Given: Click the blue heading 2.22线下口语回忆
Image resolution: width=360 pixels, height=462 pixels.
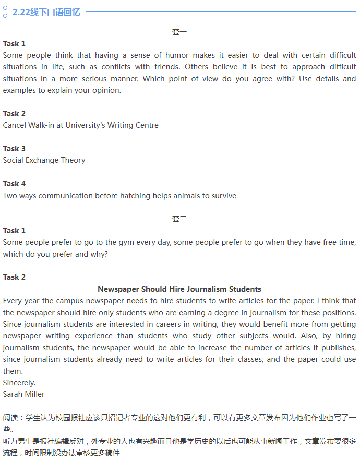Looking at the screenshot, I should coord(46,12).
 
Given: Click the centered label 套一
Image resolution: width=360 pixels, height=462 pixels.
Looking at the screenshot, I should coord(179,32).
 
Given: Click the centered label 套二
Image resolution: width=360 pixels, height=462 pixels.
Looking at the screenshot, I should coord(179,219).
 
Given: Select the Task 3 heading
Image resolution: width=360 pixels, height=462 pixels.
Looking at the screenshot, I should coord(14,149).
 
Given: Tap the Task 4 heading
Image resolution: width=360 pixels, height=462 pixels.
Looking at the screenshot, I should coord(14,184).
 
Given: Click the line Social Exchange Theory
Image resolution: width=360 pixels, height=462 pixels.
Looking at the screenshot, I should coord(44,160).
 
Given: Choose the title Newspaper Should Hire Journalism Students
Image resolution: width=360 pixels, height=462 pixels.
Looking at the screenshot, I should coord(179,289).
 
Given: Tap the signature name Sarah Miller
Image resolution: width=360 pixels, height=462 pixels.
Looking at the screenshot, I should coord(23,394).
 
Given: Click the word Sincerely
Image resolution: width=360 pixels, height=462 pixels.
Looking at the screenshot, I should coord(19,383).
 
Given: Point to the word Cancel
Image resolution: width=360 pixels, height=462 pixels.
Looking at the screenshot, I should coord(15,125).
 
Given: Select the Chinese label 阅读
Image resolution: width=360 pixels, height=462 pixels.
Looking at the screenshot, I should coord(10,418).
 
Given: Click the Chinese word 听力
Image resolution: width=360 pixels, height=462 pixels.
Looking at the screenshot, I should coord(10,441).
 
